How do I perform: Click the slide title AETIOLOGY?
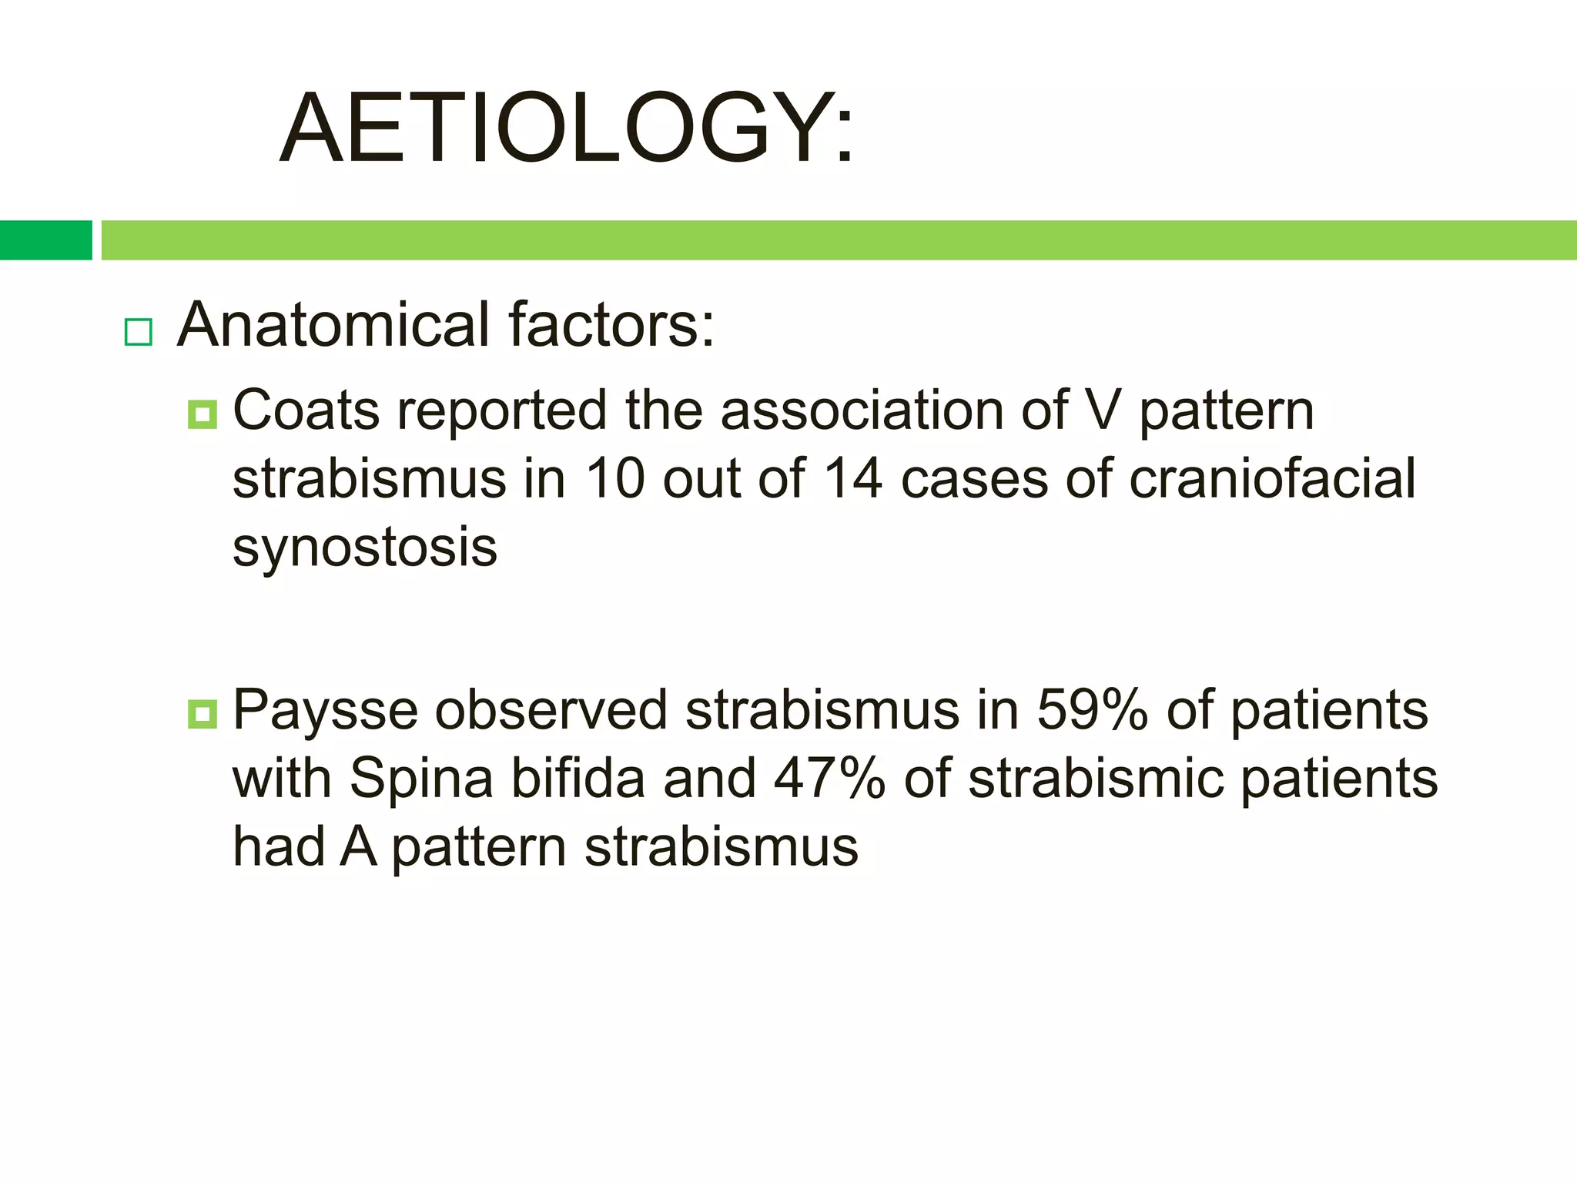click(x=567, y=129)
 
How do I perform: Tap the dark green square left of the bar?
click(x=45, y=240)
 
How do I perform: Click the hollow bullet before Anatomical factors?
click(x=139, y=332)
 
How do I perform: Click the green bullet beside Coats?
click(x=203, y=415)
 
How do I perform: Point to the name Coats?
click(x=306, y=411)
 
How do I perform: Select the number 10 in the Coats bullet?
click(x=614, y=479)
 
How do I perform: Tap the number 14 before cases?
click(x=852, y=479)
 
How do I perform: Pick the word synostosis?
click(x=365, y=548)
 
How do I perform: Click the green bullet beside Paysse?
click(x=203, y=714)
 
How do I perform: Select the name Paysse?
click(x=324, y=710)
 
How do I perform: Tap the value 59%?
click(x=1092, y=710)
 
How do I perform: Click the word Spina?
click(x=421, y=779)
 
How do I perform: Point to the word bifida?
click(x=578, y=779)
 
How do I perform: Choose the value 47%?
click(x=829, y=779)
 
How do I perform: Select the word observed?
click(x=551, y=710)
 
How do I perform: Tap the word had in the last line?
click(x=278, y=847)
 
